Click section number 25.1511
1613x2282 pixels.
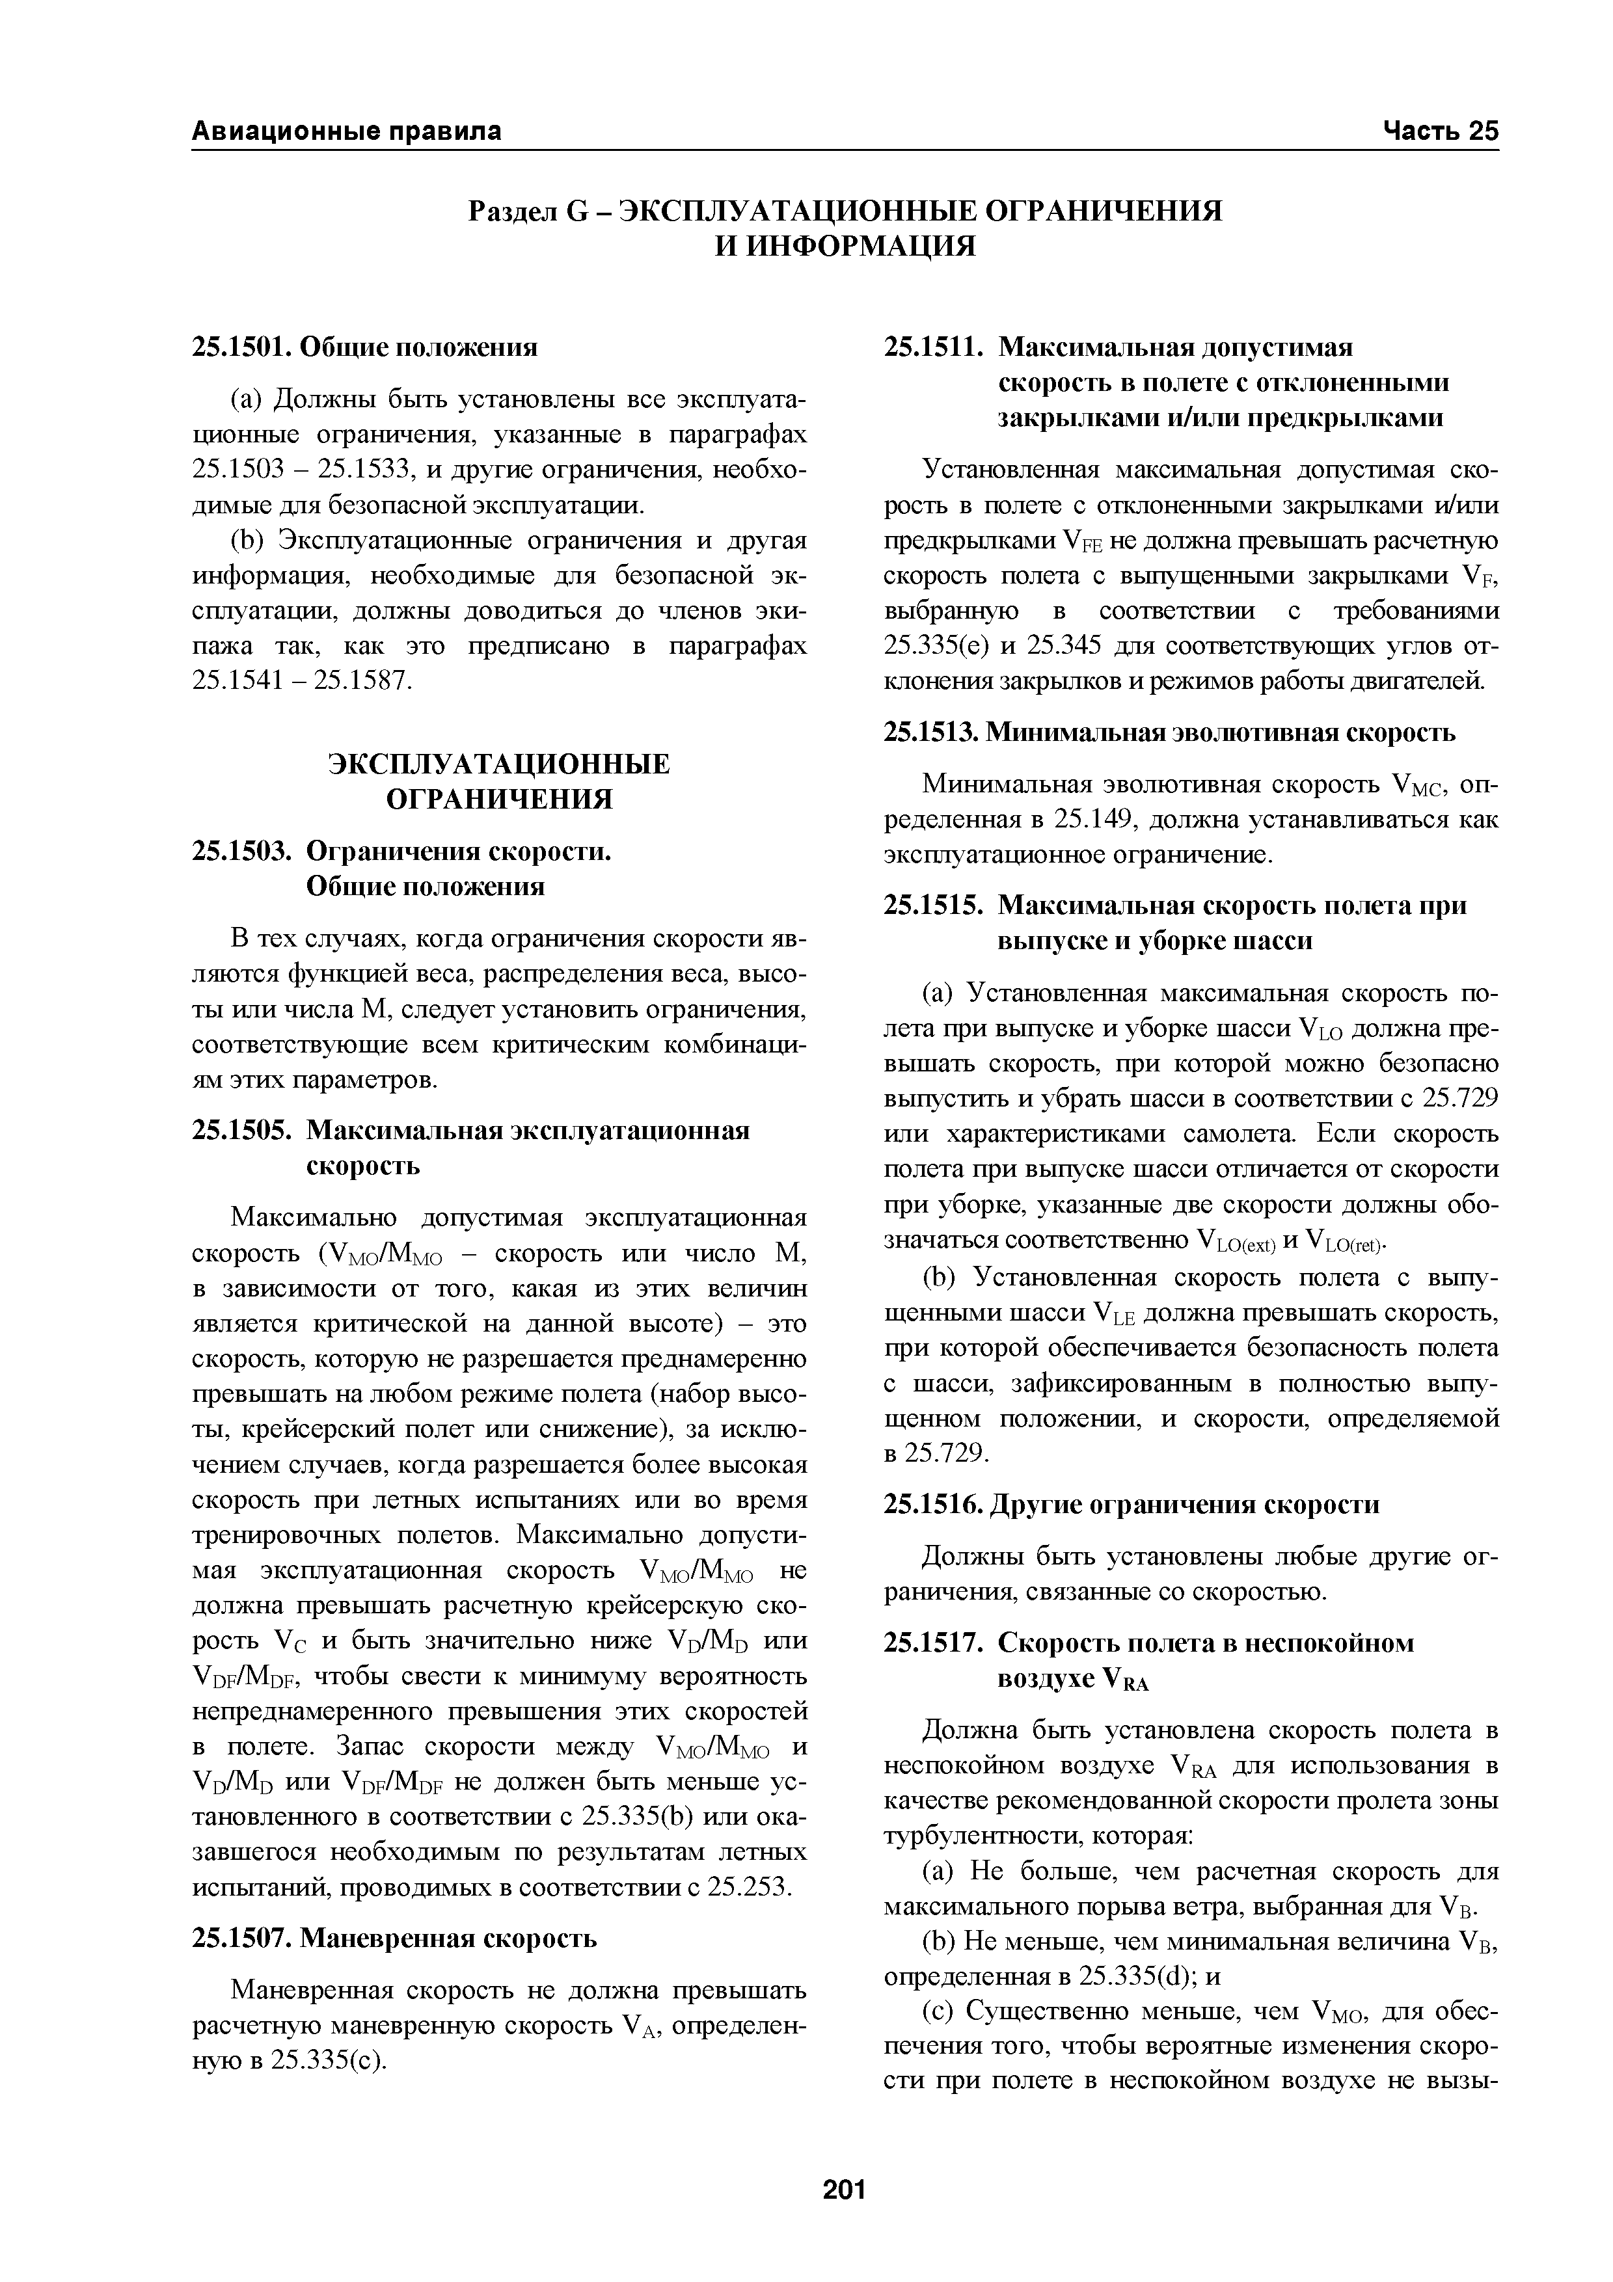point(932,348)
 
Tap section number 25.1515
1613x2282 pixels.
point(932,906)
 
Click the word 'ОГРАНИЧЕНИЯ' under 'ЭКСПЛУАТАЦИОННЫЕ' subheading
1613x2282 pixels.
point(499,799)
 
